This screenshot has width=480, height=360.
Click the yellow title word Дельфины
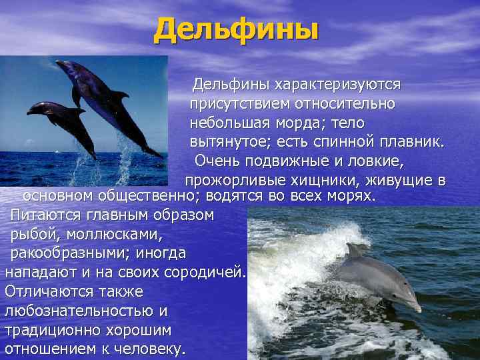(x=237, y=29)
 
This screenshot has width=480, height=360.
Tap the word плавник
(x=411, y=143)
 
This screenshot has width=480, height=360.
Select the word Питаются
(x=47, y=215)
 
